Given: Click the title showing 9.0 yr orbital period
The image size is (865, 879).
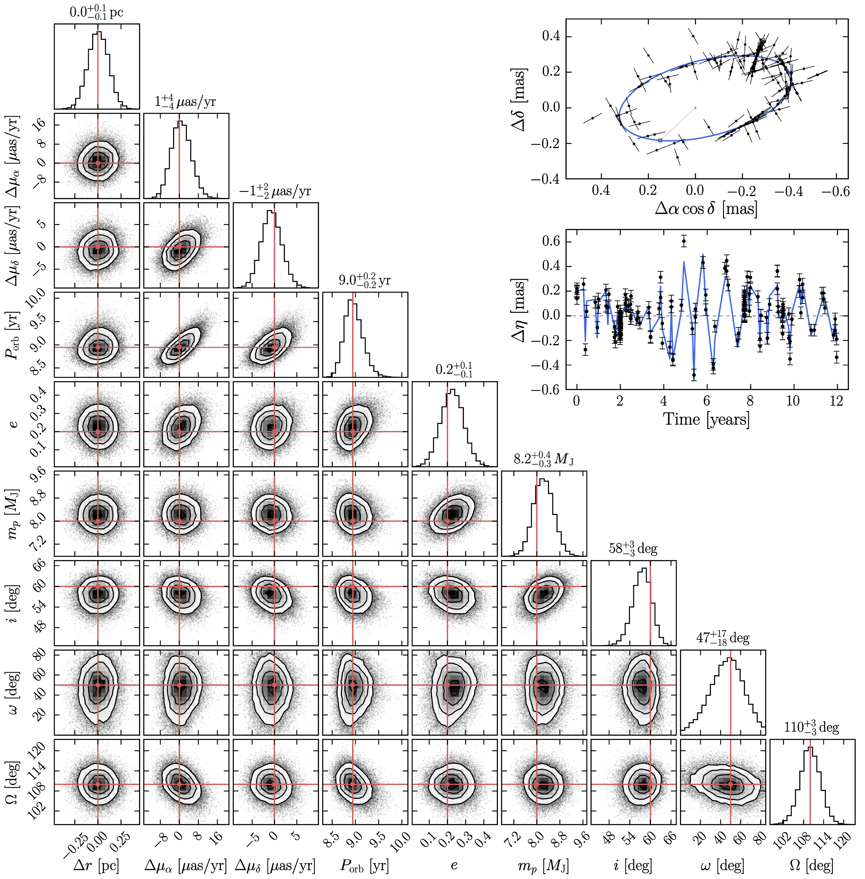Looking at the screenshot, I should coord(364,280).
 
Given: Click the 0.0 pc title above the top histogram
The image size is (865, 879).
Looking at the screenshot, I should coord(96,12).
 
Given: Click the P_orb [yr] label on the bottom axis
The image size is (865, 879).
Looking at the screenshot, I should coord(364,866).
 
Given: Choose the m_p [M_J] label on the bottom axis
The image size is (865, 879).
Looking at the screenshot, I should coord(543,866).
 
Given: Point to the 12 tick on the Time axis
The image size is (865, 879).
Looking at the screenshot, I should coord(836,401).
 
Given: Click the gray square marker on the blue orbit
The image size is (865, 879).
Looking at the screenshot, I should coord(660,140).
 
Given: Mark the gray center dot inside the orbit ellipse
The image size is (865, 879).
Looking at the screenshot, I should coord(695,108).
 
